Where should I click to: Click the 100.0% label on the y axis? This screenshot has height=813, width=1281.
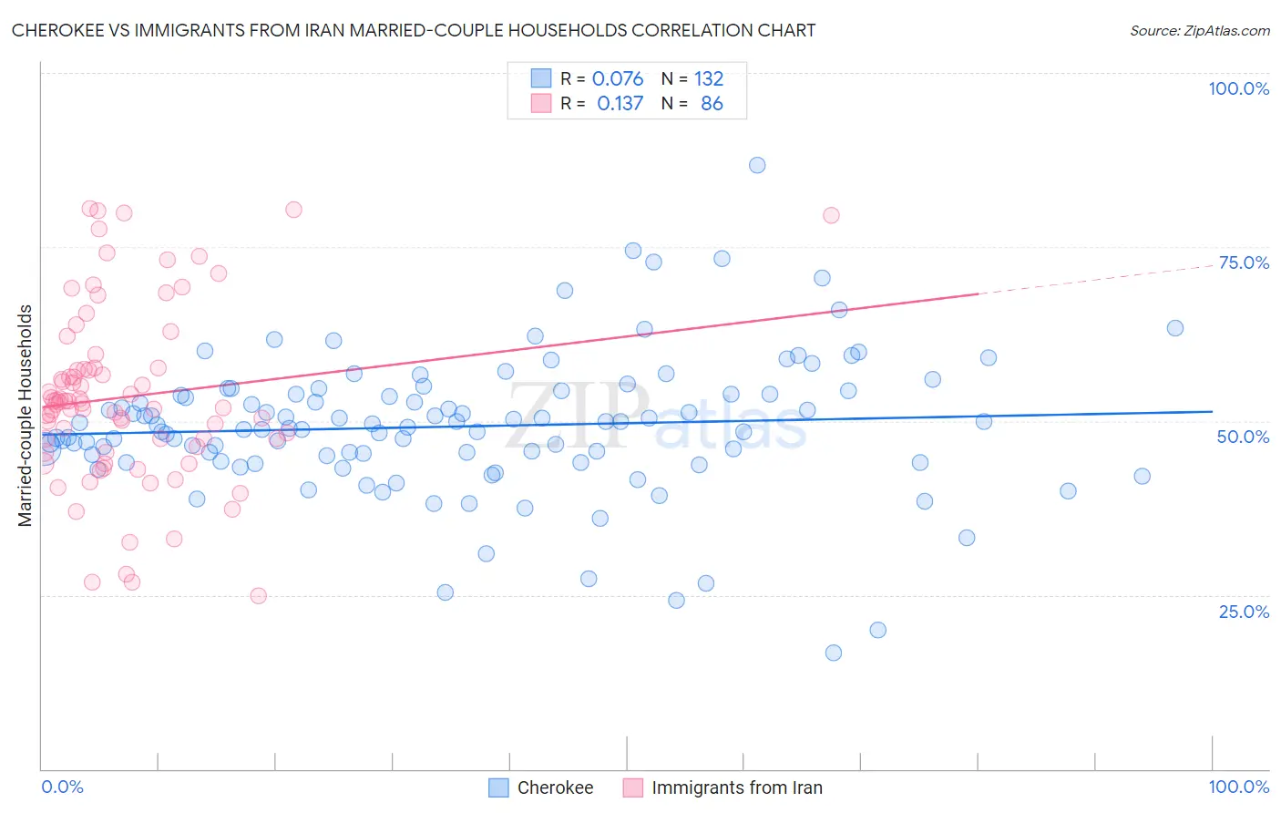pos(1238,88)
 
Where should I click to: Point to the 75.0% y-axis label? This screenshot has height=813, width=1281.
pos(1244,262)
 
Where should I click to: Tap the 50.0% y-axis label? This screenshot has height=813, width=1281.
pos(1243,437)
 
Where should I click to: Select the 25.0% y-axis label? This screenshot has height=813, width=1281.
pos(1244,611)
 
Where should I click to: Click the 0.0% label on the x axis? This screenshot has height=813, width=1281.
pos(62,787)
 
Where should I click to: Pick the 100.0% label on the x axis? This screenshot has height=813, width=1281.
pos(1238,787)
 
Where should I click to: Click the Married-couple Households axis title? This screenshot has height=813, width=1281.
pos(26,415)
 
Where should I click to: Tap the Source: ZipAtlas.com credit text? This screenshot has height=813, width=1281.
pos(1199,30)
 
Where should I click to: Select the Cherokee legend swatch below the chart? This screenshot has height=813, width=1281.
pos(498,787)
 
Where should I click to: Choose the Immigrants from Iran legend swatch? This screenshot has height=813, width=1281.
pos(633,787)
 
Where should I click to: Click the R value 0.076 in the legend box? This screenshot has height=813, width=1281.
pos(618,79)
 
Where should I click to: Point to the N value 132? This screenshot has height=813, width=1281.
pos(709,79)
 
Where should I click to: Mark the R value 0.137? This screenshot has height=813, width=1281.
pos(620,104)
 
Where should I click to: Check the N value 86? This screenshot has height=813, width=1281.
pos(712,104)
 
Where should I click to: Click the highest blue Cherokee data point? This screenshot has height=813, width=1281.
pos(757,165)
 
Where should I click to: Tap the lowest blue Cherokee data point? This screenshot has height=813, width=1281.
pos(833,653)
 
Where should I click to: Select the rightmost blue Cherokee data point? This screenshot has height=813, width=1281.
pos(1175,328)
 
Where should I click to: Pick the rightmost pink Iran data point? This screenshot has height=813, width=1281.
pos(831,215)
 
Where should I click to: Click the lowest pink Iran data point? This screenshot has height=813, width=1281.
pos(258,596)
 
